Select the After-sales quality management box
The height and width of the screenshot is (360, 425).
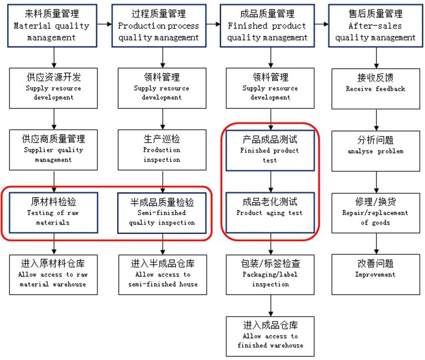tap(376, 25)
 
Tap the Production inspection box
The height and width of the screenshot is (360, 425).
tap(162, 150)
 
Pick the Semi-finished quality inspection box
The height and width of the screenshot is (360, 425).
tap(162, 212)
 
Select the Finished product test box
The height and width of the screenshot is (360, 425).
tap(270, 150)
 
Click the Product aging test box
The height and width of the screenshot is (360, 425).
tap(270, 212)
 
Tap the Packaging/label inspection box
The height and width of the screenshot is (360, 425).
tap(270, 274)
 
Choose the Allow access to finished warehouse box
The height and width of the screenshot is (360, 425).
tap(270, 336)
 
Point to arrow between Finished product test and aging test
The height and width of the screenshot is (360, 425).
tap(271, 181)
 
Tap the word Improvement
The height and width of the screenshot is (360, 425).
tap(375, 275)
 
